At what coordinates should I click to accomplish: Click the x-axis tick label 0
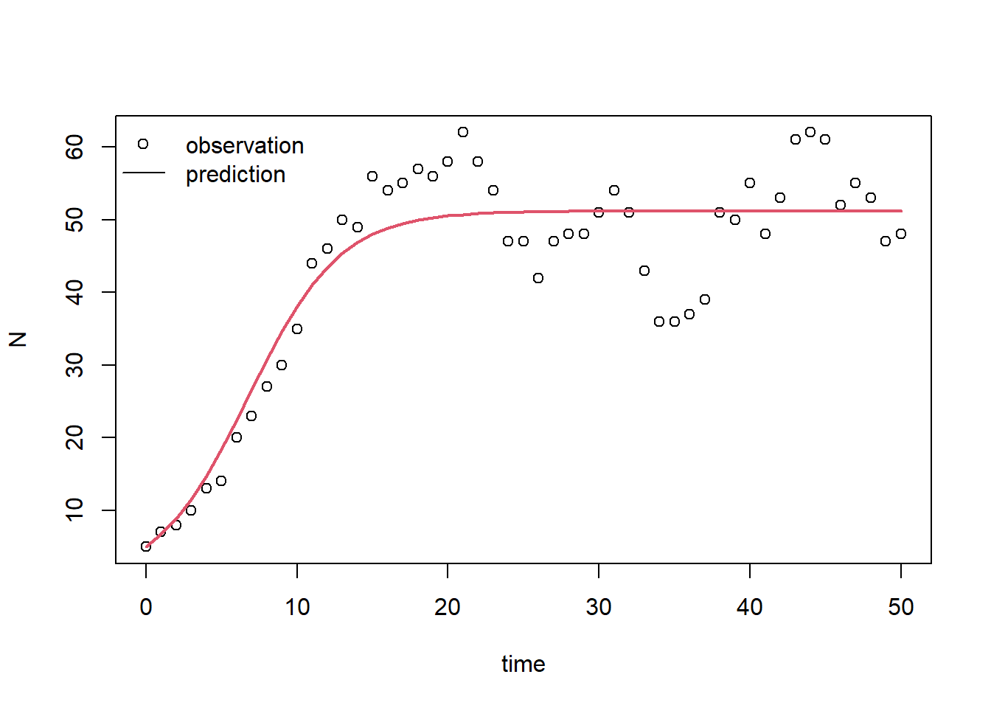146,607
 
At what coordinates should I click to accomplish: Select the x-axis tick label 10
297,607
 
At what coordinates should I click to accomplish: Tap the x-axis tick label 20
448,607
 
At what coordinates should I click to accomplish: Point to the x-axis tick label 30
599,607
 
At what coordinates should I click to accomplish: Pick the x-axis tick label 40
750,607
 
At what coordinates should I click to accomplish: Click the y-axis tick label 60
75,147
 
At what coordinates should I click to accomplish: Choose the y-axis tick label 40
75,292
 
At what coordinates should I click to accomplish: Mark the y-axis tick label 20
75,437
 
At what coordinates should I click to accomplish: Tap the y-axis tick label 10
75,510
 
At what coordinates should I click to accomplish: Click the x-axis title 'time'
524,664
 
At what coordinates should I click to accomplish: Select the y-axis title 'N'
18,339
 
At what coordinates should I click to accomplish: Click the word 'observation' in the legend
245,146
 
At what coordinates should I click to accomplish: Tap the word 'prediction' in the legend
235,175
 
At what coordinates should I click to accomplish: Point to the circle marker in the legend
143,144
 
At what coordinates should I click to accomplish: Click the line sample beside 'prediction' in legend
143,173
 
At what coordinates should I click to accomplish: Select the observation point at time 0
146,546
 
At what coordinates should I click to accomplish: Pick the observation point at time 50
901,234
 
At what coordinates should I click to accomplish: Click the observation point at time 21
463,132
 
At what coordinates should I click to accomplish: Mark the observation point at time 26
538,278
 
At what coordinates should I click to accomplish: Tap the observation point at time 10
297,329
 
